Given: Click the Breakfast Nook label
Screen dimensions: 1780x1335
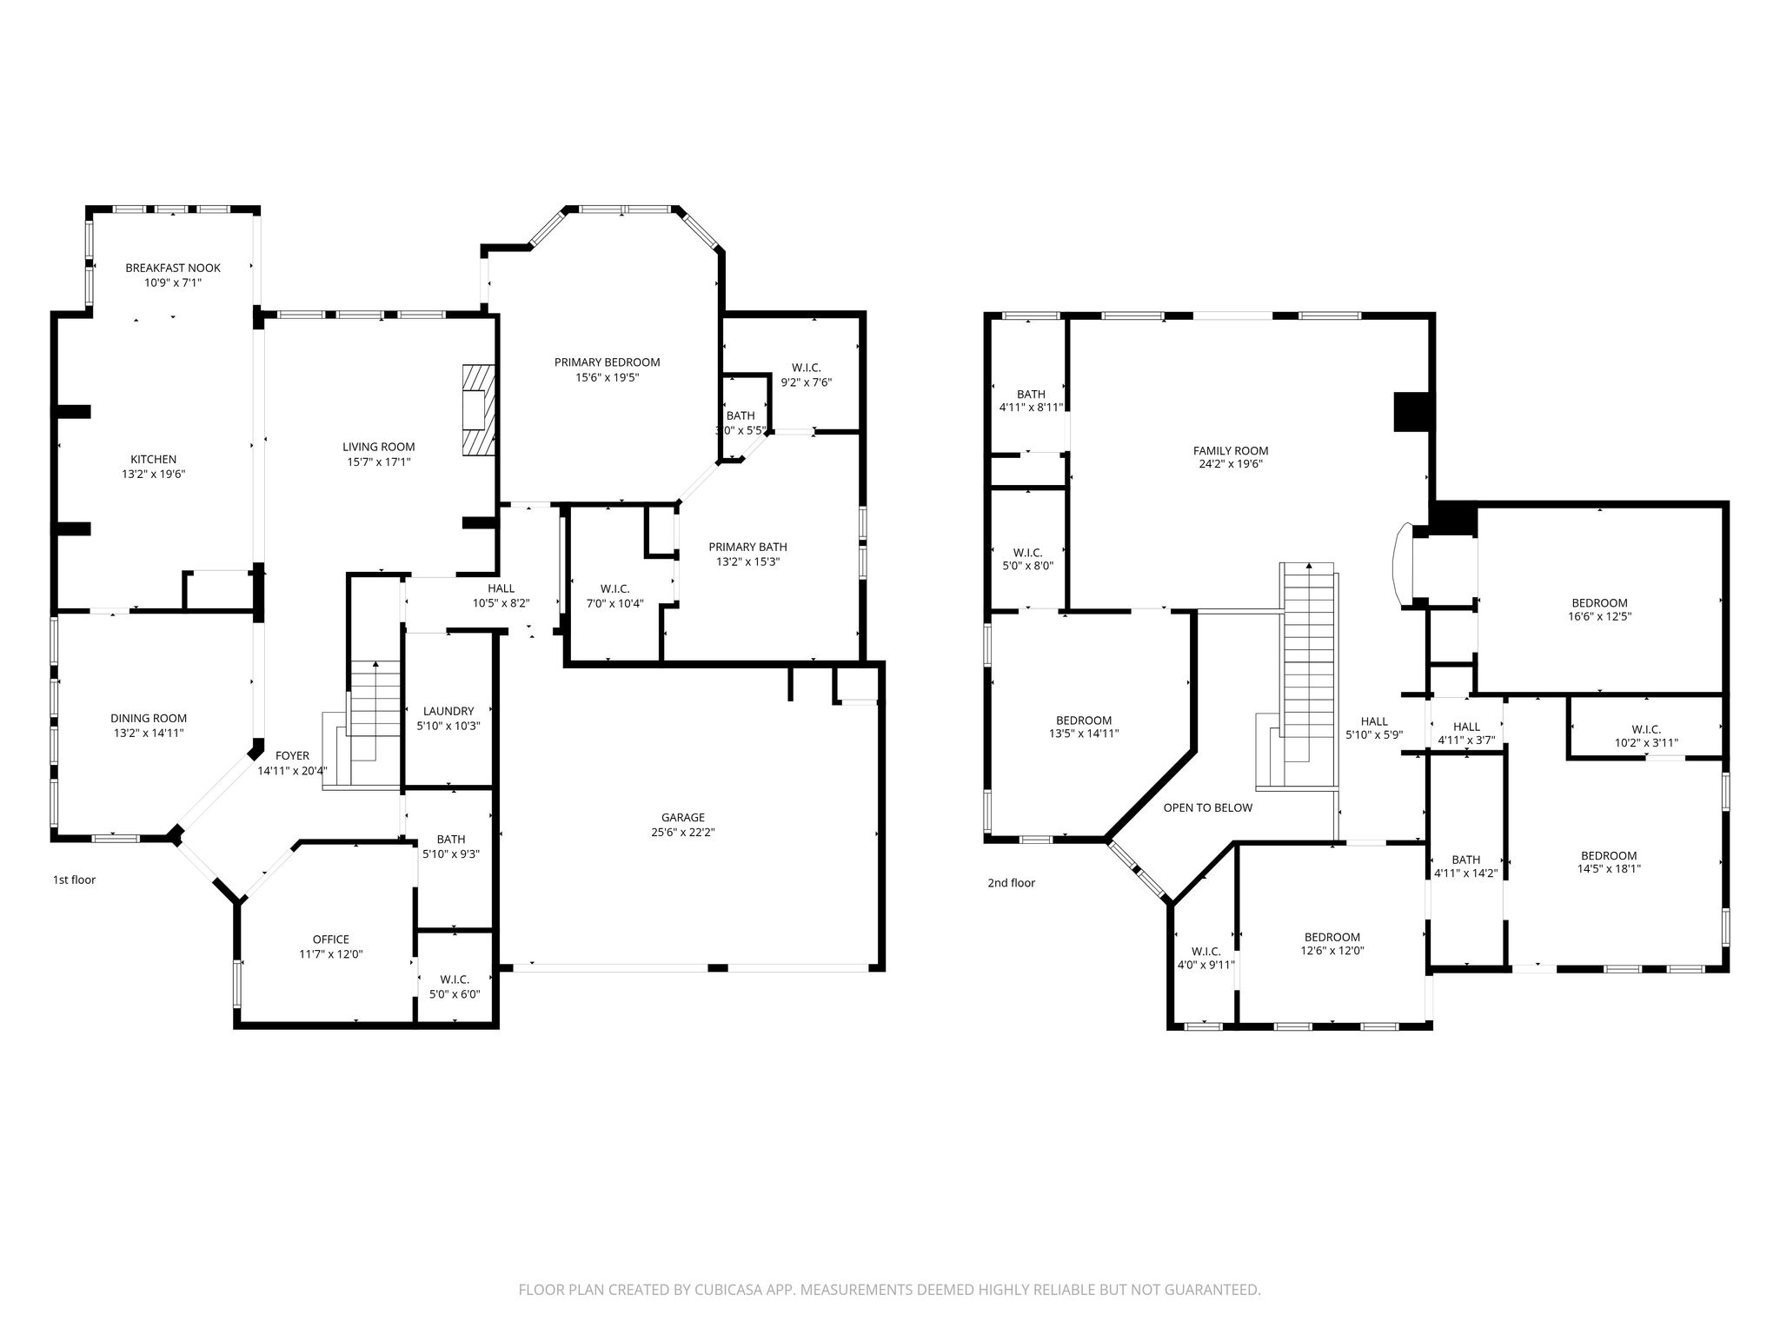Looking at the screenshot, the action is pyautogui.click(x=173, y=268).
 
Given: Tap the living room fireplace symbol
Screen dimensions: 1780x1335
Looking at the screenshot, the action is pyautogui.click(x=476, y=408).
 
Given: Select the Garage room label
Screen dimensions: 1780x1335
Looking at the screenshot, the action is pyautogui.click(x=683, y=818).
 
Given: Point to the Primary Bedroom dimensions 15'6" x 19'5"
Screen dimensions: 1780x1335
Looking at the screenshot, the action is pyautogui.click(x=608, y=377).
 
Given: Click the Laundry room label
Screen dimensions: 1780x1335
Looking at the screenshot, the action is pyautogui.click(x=448, y=711).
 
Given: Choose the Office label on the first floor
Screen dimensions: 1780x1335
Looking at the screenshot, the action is pyautogui.click(x=331, y=940).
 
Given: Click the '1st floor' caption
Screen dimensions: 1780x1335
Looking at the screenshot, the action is pyautogui.click(x=74, y=880).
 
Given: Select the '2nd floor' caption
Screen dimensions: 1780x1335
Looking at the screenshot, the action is pyautogui.click(x=1012, y=883).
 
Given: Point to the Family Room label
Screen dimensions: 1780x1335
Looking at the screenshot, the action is pyautogui.click(x=1231, y=451).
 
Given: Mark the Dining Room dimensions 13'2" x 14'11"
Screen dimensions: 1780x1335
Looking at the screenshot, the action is pyautogui.click(x=149, y=733).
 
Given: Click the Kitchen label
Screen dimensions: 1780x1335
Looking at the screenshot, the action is pyautogui.click(x=154, y=460).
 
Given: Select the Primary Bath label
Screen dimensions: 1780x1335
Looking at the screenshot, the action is pyautogui.click(x=748, y=547).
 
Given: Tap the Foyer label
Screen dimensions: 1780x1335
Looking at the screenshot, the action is pyautogui.click(x=292, y=756).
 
